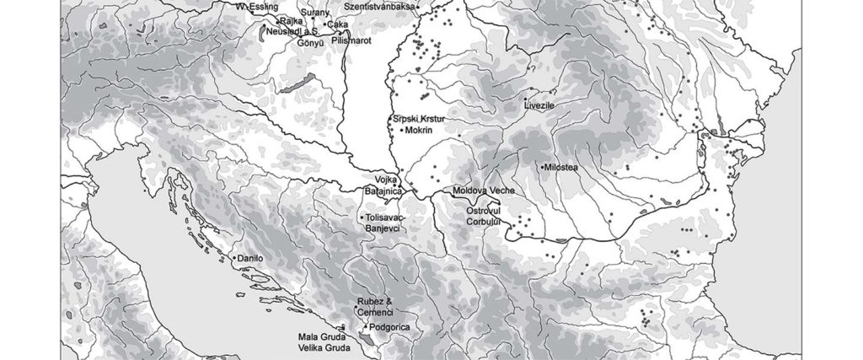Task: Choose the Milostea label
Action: pyautogui.click(x=562, y=168)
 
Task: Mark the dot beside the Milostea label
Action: pyautogui.click(x=542, y=168)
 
